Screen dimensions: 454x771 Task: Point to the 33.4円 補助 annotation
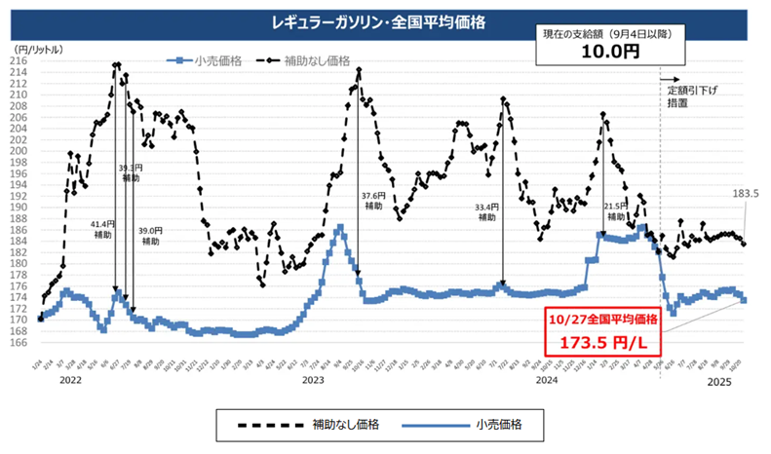[487, 212]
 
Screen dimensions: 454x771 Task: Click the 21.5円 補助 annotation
[616, 211]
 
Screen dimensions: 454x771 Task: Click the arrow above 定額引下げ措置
[671, 78]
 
